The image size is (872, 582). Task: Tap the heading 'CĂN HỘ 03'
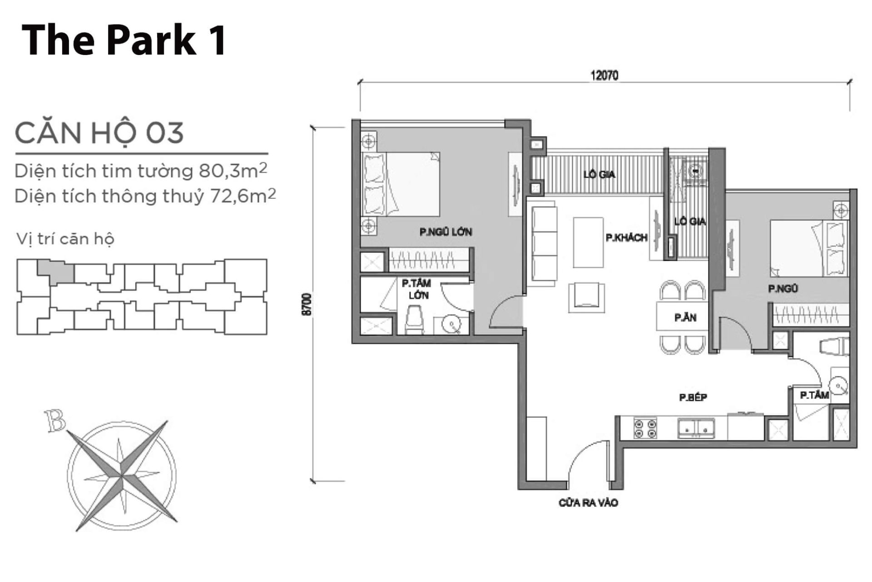(99, 133)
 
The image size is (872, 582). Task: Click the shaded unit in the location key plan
(55, 272)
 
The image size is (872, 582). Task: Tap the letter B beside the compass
(55, 421)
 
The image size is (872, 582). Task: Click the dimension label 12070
(604, 75)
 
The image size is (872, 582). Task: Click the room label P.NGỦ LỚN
(446, 232)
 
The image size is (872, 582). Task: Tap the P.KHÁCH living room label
(626, 238)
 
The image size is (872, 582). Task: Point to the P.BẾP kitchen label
(693, 397)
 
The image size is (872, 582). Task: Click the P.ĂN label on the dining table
(685, 317)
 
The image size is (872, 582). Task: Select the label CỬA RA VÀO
(588, 503)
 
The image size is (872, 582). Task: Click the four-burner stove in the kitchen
(645, 428)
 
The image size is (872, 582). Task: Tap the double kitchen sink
(696, 428)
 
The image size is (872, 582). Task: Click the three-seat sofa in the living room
(544, 246)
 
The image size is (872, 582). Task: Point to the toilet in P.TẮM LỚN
(413, 320)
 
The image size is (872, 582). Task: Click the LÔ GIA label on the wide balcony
(599, 174)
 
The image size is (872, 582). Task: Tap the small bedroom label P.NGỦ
(783, 288)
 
